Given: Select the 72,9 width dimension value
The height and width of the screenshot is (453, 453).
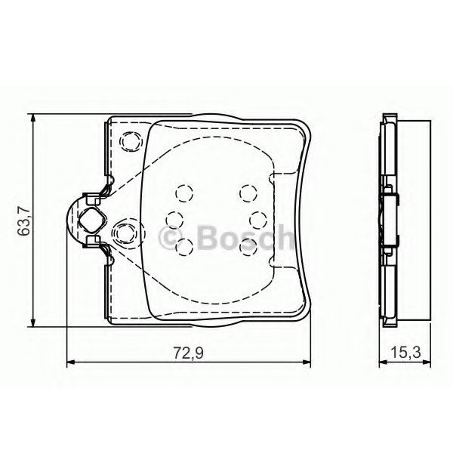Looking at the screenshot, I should (x=189, y=351).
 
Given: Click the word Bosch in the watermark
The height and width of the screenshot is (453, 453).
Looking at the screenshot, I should (x=242, y=239).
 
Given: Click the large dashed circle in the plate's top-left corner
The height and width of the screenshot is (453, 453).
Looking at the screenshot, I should (x=131, y=140).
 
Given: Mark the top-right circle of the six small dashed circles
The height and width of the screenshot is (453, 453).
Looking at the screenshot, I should (x=247, y=193).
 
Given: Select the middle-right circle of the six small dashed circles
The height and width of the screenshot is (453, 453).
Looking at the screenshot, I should (x=257, y=219).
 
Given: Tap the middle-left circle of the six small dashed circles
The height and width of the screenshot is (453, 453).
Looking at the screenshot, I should (x=173, y=219).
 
